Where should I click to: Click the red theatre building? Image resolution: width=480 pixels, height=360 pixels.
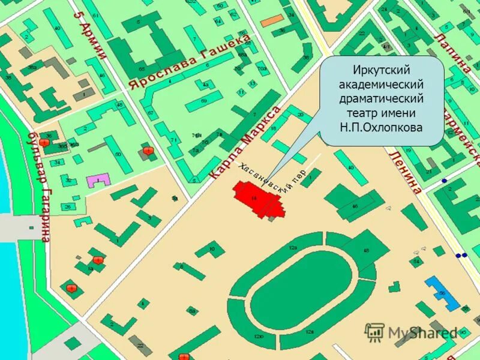click(257, 199)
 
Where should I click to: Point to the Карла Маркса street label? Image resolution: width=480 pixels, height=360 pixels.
click(245, 143)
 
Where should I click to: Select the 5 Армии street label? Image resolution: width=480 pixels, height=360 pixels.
click(89, 35)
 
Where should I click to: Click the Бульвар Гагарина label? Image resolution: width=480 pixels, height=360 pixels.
click(40, 186)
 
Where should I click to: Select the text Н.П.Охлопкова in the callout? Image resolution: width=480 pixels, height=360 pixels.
click(382, 127)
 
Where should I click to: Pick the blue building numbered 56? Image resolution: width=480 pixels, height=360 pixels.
click(442, 292)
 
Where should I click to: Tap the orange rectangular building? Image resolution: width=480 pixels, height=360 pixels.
click(272, 20)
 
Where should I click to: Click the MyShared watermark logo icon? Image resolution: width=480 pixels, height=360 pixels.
click(374, 332)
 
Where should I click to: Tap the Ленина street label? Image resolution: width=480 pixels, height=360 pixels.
click(406, 171)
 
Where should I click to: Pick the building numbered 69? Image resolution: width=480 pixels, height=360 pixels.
click(204, 101)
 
